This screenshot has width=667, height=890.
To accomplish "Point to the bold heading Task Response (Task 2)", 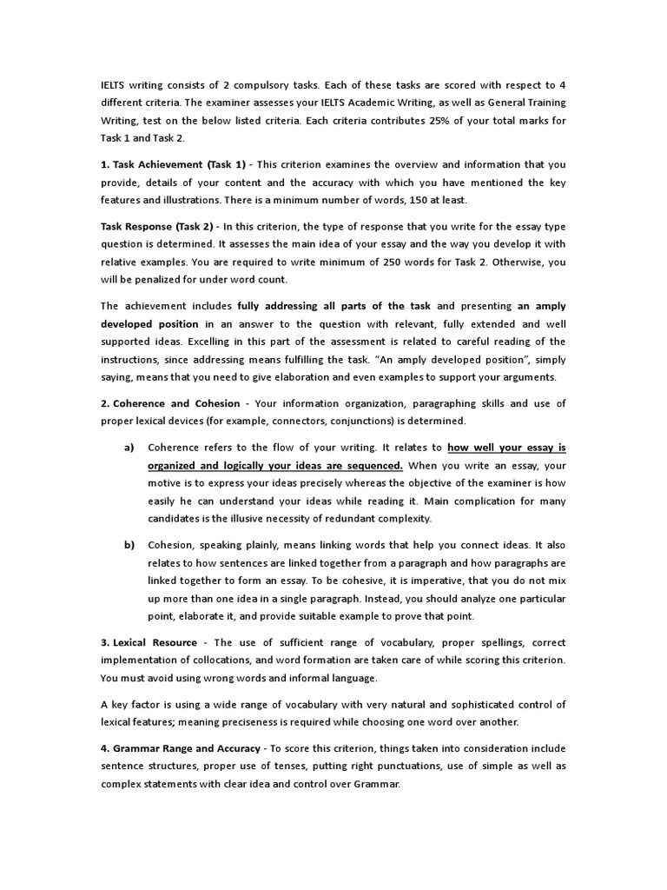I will tap(159, 227).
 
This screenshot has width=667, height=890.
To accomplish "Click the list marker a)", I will tap(129, 448).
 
